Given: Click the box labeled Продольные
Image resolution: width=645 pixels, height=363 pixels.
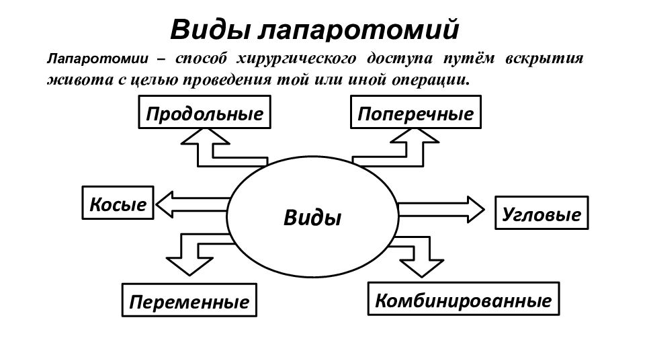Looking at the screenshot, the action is [204, 112].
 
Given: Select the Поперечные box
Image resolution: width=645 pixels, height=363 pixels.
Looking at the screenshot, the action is [415, 112].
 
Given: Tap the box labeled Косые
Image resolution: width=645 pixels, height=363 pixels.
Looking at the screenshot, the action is [118, 202].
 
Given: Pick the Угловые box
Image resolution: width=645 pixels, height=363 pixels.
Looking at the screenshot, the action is [542, 212].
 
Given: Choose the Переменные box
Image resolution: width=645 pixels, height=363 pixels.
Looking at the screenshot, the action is [189, 300].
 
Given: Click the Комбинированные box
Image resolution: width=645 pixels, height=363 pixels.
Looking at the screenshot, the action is [463, 298].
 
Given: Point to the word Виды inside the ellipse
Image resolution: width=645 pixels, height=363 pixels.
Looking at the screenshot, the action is [312, 217].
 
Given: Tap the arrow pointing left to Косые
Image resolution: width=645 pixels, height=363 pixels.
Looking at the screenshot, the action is [191, 204].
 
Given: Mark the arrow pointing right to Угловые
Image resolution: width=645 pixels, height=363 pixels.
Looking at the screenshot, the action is [441, 210].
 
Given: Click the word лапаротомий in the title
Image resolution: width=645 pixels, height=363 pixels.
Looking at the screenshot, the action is [358, 30].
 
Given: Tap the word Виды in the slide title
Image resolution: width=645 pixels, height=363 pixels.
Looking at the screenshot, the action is [210, 30].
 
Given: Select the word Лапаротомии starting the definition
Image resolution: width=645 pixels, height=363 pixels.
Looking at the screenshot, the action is [97, 58].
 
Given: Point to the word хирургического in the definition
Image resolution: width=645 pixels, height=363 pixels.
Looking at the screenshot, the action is [296, 59].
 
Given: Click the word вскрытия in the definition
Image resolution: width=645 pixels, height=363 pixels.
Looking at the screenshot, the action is [544, 59].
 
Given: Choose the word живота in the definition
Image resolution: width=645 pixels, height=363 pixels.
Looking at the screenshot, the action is [80, 79].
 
